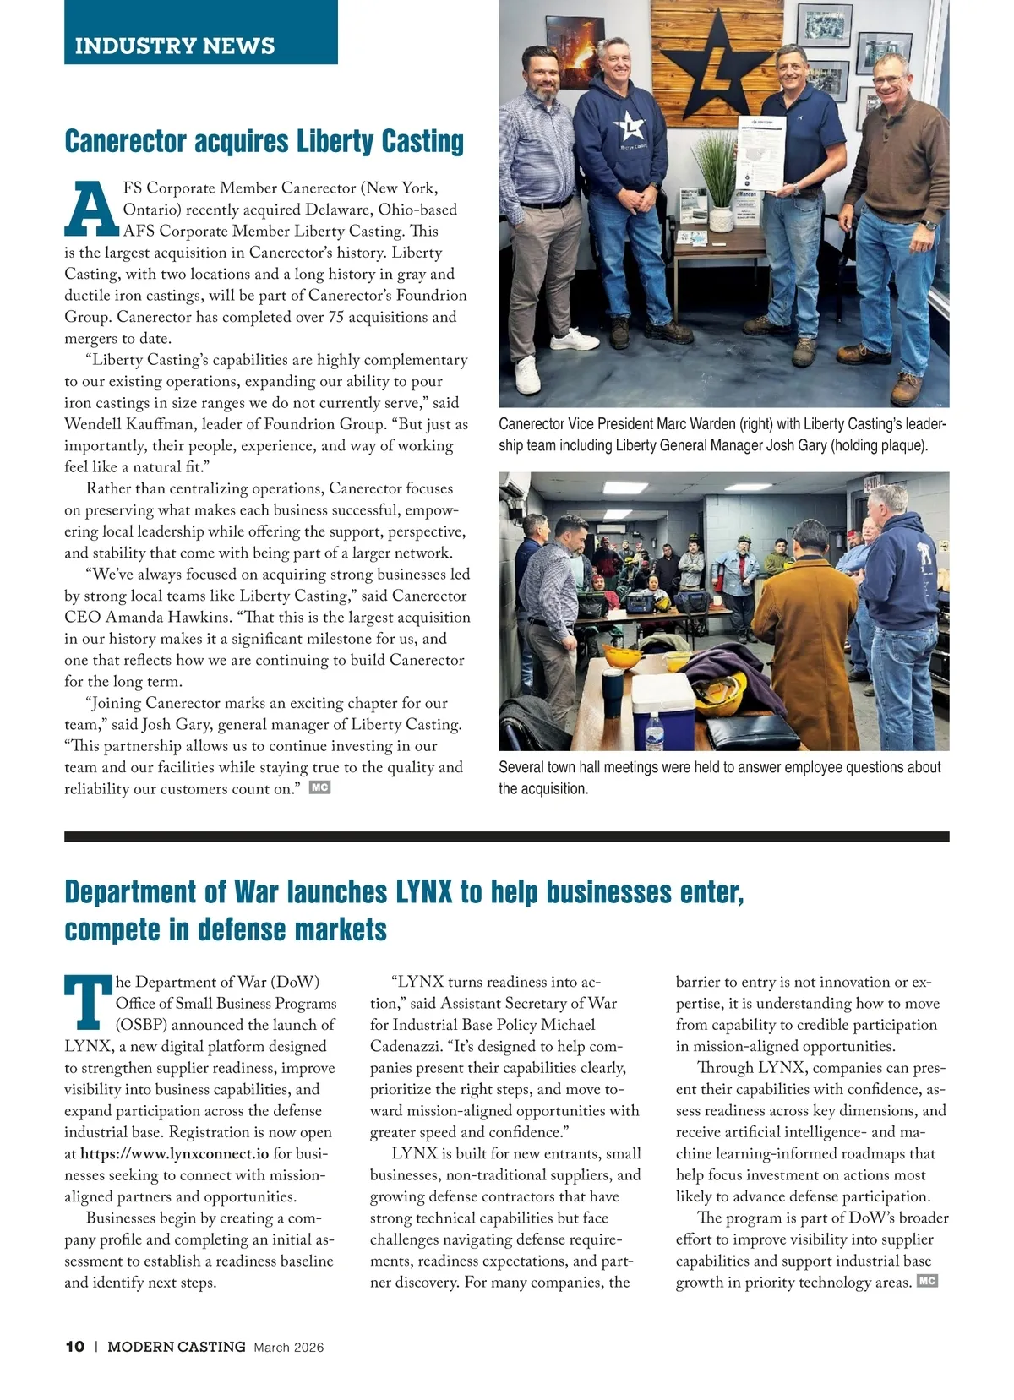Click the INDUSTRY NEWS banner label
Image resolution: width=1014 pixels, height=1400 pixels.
pyautogui.click(x=175, y=46)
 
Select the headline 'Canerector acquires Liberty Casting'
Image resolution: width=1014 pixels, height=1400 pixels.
pyautogui.click(x=264, y=141)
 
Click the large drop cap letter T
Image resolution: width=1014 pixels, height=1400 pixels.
pyautogui.click(x=88, y=1003)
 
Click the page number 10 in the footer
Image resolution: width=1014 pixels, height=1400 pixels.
pyautogui.click(x=74, y=1347)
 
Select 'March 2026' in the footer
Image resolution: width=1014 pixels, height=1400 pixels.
pyautogui.click(x=288, y=1348)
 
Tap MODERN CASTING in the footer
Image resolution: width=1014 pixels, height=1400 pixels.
pyautogui.click(x=176, y=1347)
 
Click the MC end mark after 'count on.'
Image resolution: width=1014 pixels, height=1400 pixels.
pyautogui.click(x=319, y=787)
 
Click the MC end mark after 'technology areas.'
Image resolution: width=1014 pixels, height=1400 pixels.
pyautogui.click(x=927, y=1281)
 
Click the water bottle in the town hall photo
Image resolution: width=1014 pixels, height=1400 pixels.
pyautogui.click(x=654, y=730)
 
